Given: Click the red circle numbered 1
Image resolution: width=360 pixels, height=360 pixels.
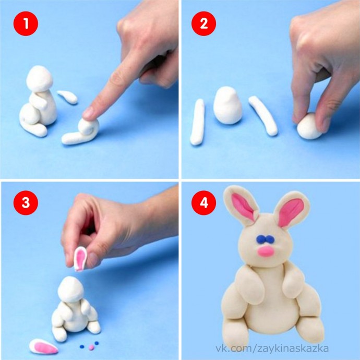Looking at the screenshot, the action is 26,23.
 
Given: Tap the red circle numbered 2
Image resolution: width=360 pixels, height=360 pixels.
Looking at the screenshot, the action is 203,23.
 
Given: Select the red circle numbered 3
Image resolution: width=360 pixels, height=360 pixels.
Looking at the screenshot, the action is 26,203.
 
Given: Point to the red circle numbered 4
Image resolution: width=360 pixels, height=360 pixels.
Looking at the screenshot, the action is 203,203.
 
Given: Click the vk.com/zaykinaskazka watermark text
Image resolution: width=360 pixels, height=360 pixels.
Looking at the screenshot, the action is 272,349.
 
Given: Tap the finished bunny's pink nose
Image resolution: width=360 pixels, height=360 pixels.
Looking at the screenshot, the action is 266,251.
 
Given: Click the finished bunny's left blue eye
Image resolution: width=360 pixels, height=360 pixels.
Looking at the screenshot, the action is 260,239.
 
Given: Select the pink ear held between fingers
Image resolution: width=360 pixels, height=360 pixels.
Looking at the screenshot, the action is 80,259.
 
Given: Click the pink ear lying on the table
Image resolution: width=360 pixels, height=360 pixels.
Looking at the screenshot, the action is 43,346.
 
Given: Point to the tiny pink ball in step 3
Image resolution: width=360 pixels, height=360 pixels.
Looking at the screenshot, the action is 91,347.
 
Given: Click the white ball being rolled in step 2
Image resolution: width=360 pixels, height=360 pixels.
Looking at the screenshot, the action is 309,126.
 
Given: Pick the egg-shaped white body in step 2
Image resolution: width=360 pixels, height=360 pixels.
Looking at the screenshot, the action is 227,105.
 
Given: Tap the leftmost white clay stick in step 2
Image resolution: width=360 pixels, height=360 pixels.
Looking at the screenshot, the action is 197,122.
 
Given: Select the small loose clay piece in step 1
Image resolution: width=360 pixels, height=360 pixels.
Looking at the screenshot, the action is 67,97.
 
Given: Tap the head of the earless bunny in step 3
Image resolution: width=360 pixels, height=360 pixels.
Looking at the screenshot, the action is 70,289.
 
